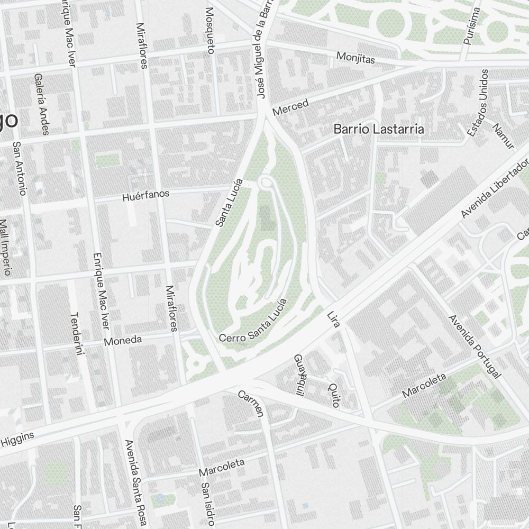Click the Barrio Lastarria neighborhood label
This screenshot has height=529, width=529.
point(379,129)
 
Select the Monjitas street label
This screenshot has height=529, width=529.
point(355,57)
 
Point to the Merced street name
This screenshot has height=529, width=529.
point(290,107)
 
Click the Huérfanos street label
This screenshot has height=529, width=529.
point(145,196)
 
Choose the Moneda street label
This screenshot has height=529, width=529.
point(123,340)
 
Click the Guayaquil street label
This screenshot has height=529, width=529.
point(299,374)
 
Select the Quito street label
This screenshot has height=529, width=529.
point(333,395)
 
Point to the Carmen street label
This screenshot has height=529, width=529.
point(250,403)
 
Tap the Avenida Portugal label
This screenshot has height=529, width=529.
point(473,346)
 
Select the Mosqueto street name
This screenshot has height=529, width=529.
point(211,31)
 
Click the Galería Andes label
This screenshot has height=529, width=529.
point(41,103)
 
